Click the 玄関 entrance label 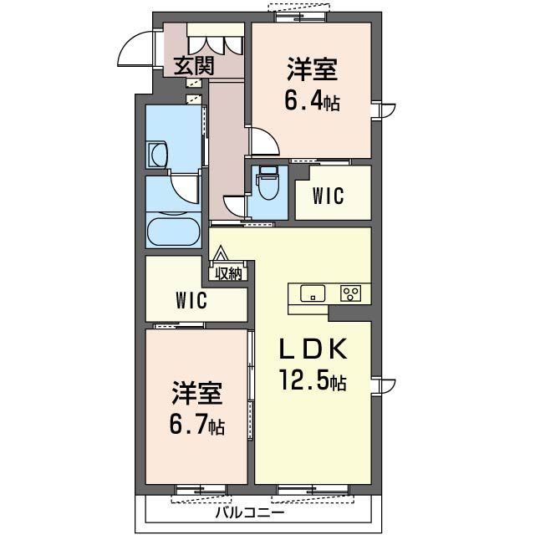(194, 66)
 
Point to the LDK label (313, 349)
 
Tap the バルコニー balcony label (250, 512)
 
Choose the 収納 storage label (228, 273)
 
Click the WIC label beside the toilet (329, 196)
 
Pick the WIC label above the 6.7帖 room (191, 300)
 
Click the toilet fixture (269, 182)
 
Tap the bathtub (174, 232)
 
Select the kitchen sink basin (313, 293)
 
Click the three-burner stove (350, 293)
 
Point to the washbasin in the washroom (157, 155)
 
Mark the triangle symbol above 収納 (221, 253)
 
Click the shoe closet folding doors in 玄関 (216, 44)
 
